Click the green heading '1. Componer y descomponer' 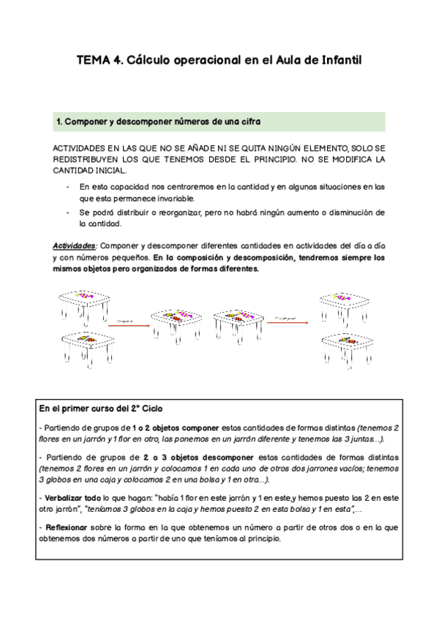pos(158,121)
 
